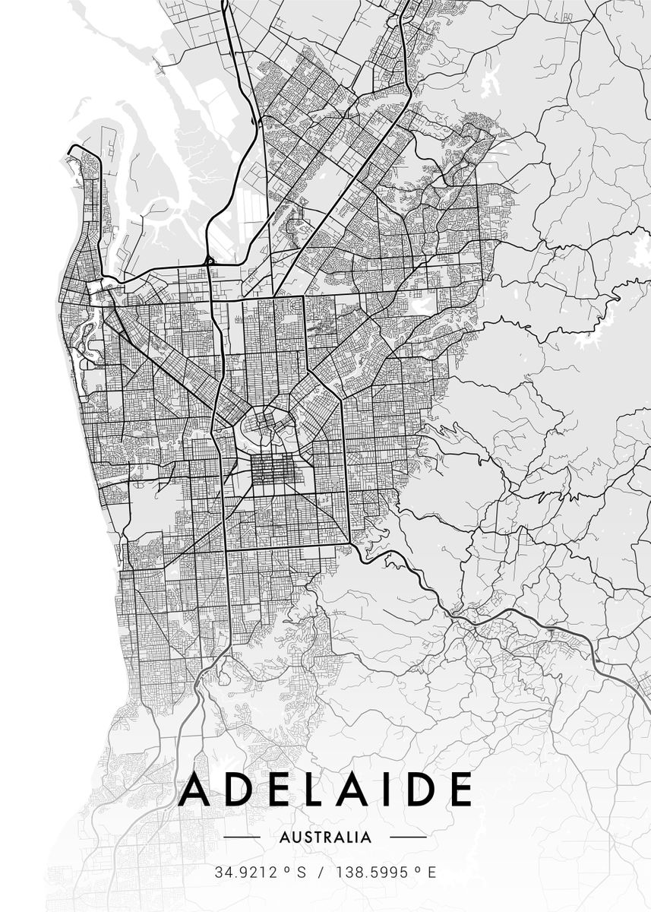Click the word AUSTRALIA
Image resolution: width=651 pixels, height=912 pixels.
coord(326,838)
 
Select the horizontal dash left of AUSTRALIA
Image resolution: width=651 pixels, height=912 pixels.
coord(243,838)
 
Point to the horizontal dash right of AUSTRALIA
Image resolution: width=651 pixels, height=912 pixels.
coord(408,838)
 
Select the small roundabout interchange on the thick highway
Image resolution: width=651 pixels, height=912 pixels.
coord(209,261)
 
